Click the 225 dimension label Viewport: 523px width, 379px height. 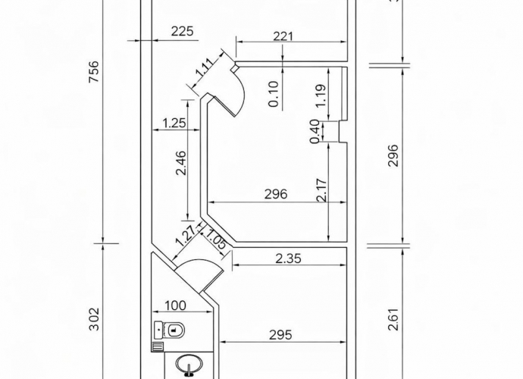coord(182,31)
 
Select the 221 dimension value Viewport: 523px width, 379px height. coord(283,36)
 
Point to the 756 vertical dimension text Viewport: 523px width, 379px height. coord(95,72)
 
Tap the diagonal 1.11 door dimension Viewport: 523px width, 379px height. coord(205,69)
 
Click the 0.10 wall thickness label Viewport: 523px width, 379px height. coord(274,94)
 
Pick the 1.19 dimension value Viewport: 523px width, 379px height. coord(320,96)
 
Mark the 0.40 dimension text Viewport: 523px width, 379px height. coord(315,131)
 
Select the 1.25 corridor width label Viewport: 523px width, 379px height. coord(174,123)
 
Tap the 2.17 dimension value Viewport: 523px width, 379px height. coord(321,190)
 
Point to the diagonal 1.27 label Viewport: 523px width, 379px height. coord(185,236)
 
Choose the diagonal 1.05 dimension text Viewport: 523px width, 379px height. coord(216,239)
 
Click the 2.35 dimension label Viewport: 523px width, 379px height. coord(289,258)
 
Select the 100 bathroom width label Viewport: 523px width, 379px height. coord(175,305)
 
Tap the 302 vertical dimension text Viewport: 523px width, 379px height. coord(95,319)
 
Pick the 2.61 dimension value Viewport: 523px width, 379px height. coord(393,319)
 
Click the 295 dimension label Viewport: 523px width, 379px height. coord(281,335)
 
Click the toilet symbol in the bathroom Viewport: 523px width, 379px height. coord(170,330)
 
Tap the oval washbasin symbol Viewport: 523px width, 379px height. coord(189,365)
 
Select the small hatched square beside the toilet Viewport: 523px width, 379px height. coord(158,346)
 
